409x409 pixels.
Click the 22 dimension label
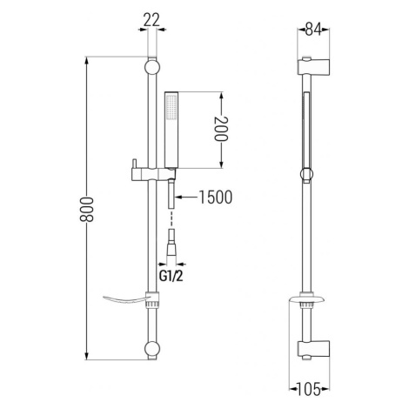[151, 20]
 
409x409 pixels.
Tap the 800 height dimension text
[86, 210]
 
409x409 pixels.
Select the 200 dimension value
[221, 129]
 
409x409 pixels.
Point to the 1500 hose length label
[216, 198]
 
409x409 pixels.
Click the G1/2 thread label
[171, 277]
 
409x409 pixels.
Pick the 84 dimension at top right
[313, 30]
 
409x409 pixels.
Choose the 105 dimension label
[309, 389]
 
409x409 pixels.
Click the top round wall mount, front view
[152, 67]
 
